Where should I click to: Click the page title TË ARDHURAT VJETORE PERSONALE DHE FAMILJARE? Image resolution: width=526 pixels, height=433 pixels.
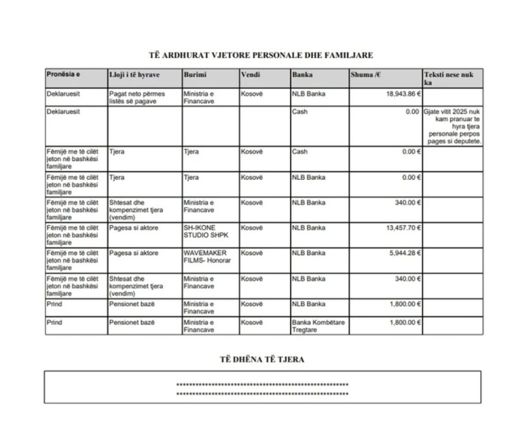pos(261,55)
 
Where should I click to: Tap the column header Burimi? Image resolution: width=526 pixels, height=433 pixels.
pos(195,75)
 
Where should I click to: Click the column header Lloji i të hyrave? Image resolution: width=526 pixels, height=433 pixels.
pos(134,75)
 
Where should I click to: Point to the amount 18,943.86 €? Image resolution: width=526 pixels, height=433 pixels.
pos(404,94)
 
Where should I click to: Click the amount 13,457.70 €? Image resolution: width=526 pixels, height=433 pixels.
pos(404,228)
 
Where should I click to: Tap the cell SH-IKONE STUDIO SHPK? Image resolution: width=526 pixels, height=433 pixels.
pos(204,231)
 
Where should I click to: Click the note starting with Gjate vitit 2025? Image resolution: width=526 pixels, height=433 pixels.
pos(453,126)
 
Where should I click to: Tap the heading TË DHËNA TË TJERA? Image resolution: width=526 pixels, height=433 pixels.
pos(262,360)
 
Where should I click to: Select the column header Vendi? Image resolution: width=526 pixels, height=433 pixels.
pos(251,75)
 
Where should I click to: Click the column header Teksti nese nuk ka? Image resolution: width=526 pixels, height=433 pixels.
pos(448,78)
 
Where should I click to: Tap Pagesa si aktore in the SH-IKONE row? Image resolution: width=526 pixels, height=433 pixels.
pos(134,228)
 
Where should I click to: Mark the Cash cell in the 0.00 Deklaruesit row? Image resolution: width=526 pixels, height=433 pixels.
pos(299,112)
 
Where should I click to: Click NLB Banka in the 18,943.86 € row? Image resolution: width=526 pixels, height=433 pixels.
pos(309,94)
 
